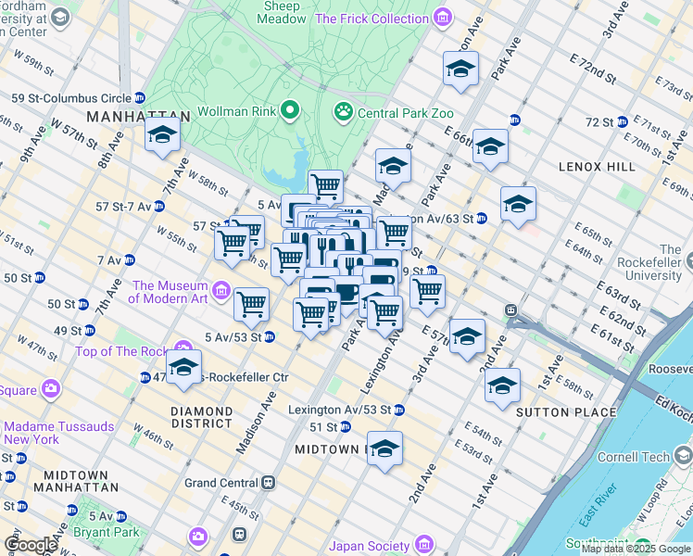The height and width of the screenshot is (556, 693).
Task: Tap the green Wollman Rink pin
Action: point(290,111)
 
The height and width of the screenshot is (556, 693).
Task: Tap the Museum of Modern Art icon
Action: point(221,292)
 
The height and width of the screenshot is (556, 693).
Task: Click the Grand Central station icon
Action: point(268,483)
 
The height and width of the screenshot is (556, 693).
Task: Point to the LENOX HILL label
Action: point(597,166)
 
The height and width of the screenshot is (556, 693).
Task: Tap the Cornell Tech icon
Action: point(682,456)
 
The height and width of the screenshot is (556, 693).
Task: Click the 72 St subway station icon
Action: point(623,122)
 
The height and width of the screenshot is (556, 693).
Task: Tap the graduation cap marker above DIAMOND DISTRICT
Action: point(183,366)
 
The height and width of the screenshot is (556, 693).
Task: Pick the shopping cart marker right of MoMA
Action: point(251,303)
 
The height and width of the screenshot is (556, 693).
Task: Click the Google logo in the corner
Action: point(30,545)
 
